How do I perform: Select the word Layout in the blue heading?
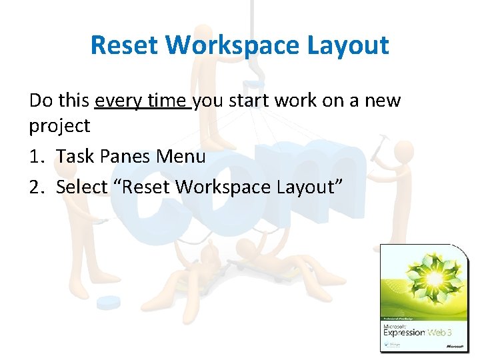(x=353, y=45)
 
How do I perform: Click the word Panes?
(x=125, y=157)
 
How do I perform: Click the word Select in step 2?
(x=81, y=187)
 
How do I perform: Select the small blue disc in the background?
(x=108, y=303)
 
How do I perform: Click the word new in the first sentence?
(x=379, y=101)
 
